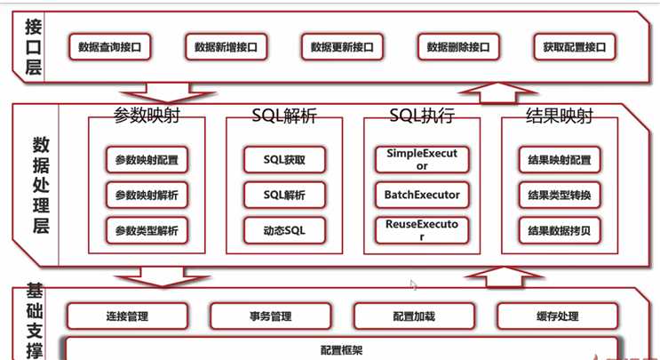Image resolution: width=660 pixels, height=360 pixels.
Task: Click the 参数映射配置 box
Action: click(147, 160)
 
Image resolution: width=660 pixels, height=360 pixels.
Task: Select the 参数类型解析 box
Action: click(147, 231)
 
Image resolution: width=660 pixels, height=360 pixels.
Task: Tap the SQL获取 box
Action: click(284, 160)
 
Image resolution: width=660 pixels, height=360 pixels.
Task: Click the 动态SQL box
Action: click(284, 231)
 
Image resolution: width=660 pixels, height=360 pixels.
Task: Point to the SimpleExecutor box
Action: click(422, 160)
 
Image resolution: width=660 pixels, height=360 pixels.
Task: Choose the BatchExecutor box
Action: click(422, 196)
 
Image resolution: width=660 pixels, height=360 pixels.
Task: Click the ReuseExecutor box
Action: click(422, 231)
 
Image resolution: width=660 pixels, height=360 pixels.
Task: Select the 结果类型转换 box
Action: click(560, 196)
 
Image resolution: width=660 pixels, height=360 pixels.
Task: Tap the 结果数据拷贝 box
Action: click(560, 231)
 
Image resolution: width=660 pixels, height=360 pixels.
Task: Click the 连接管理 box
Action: click(127, 316)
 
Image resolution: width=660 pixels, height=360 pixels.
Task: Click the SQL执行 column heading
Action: click(422, 116)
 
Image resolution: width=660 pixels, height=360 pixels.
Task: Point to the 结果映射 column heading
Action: click(560, 116)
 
